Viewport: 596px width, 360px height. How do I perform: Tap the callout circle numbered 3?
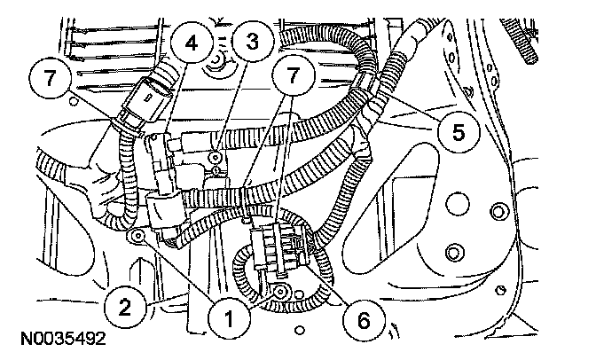point(254,40)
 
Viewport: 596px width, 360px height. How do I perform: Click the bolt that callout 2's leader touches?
point(137,237)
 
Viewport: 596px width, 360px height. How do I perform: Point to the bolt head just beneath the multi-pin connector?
point(280,291)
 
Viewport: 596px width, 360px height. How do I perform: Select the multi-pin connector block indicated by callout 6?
point(276,251)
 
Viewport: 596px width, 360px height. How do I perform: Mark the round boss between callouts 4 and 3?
point(214,64)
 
